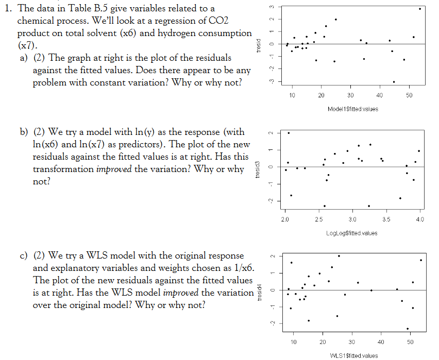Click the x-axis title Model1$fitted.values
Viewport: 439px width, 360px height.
(352, 109)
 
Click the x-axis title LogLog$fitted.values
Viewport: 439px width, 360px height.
(352, 233)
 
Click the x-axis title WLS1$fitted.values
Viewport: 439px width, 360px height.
(352, 355)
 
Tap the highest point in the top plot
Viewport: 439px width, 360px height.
(420, 9)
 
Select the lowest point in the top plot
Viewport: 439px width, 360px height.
(394, 82)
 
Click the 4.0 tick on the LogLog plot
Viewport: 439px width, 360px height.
(420, 219)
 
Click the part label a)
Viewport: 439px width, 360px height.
(24, 58)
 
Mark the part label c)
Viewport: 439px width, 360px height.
(24, 256)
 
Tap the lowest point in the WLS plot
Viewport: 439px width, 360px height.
(408, 329)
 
